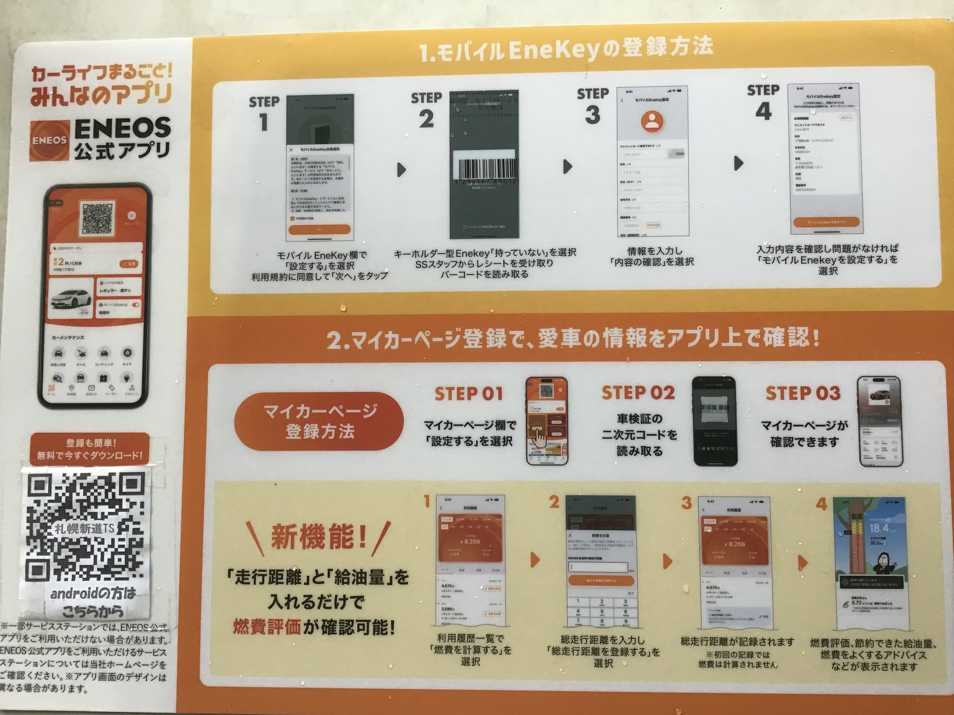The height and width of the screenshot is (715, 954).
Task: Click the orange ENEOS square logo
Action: coord(49,140)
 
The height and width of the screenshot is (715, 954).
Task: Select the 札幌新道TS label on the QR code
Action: coord(85,528)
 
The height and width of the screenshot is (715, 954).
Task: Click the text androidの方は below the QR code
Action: coord(93,594)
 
